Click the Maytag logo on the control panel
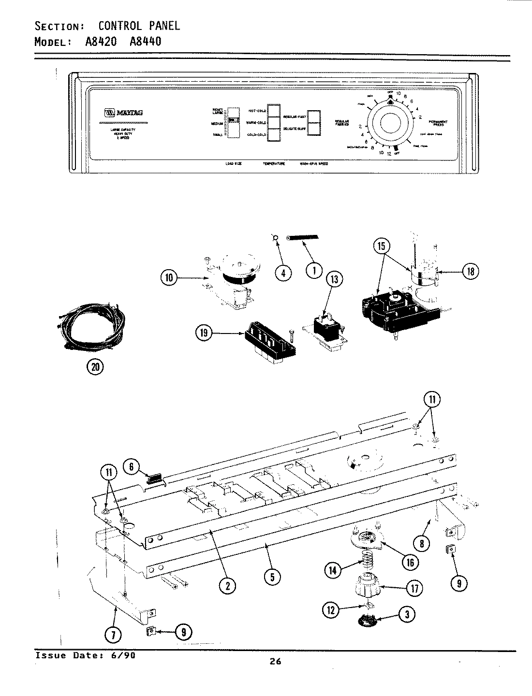coord(123,113)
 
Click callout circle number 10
coord(169,278)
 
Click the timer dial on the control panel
coord(390,123)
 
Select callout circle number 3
coord(407,615)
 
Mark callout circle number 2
coord(227,585)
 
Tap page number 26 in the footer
coord(275,662)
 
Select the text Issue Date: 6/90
coord(85,655)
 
